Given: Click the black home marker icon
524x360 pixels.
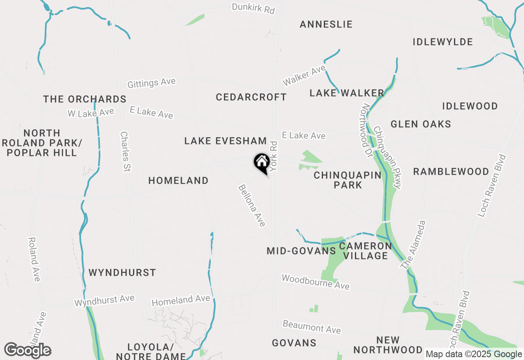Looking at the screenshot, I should (x=262, y=162).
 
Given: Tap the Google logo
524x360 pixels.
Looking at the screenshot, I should (x=27, y=351).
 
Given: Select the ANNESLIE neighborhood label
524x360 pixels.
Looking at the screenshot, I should (x=326, y=25).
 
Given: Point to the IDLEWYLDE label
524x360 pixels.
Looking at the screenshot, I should (x=443, y=42).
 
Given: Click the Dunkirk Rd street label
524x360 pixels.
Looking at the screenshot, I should (x=253, y=8).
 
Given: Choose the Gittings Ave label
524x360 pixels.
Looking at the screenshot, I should (x=151, y=83).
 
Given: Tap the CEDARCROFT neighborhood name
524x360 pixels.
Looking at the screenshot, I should (x=251, y=97).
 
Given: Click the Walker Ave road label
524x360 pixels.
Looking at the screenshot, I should (x=303, y=76).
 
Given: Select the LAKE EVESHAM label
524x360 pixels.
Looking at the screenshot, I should (x=225, y=141).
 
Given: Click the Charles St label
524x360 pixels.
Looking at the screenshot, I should (x=125, y=151).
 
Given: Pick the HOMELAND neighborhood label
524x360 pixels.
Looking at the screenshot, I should (x=178, y=181).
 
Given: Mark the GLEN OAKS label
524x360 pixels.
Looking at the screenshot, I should (x=420, y=124).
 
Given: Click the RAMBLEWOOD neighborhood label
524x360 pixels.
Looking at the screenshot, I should (x=451, y=172).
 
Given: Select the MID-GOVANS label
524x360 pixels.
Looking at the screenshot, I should (x=301, y=251).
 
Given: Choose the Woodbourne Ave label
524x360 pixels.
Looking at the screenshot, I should (x=315, y=282).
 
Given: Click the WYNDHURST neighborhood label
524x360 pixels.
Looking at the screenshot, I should (x=122, y=273).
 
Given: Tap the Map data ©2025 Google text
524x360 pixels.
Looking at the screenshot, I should (x=473, y=354).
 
